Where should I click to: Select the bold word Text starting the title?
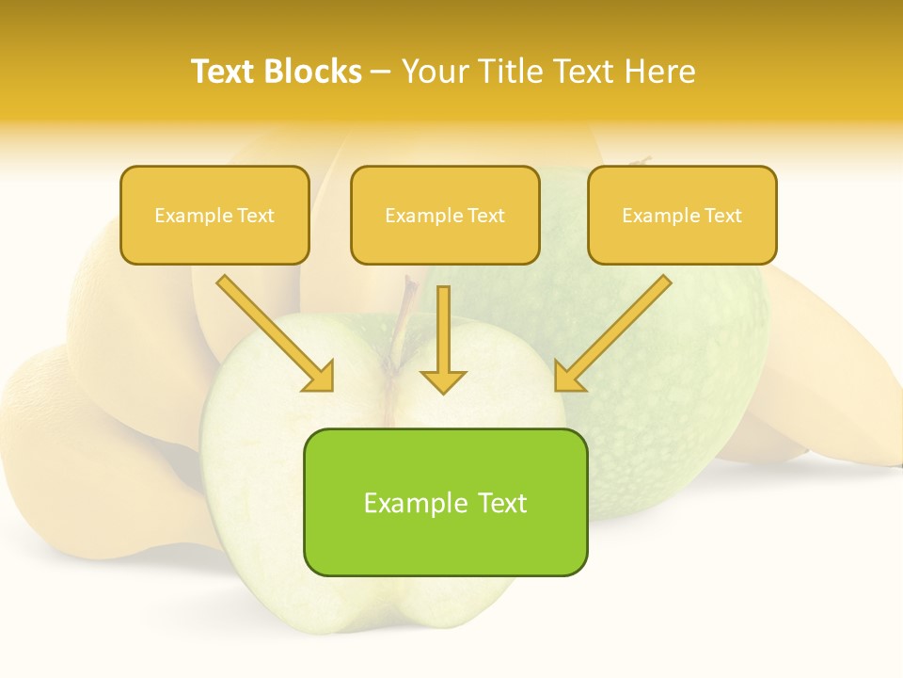[x=223, y=72]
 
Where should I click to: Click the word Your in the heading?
[x=435, y=72]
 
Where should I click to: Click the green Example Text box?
[x=445, y=537]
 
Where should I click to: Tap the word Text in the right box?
[x=722, y=216]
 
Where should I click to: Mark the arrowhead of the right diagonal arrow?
[x=568, y=377]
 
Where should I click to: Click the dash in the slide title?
[x=382, y=73]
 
